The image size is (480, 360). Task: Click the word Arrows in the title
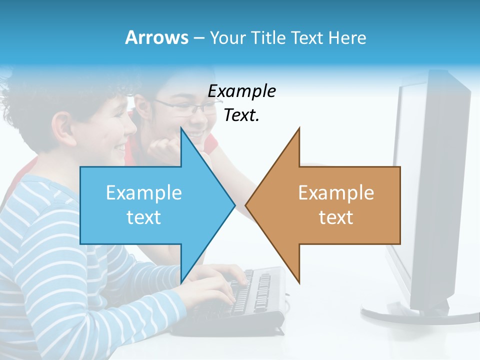coord(156,37)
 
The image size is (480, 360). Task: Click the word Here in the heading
coord(347,37)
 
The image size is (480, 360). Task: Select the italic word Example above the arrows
coord(241,91)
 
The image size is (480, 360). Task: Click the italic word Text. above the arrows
coord(241,115)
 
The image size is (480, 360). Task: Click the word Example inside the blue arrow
coord(144,193)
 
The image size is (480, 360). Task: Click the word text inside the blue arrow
coord(144,217)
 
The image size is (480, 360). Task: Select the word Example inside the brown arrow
coord(336,193)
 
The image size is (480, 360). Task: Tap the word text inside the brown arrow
coord(336,217)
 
